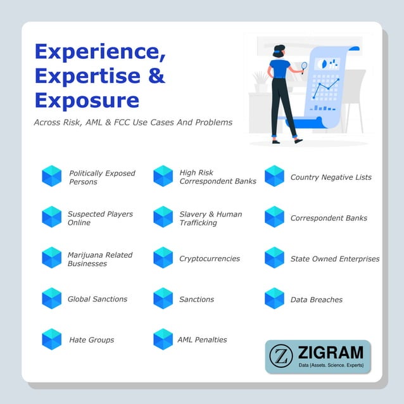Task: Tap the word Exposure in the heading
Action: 87,100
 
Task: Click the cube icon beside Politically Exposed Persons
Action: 52,176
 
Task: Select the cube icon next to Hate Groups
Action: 52,339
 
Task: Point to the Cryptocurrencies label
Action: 210,258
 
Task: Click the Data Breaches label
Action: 316,300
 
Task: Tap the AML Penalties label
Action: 202,339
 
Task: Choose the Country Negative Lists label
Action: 331,177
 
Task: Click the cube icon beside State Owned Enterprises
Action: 274,258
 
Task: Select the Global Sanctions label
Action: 98,299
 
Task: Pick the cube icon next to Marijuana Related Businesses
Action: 52,258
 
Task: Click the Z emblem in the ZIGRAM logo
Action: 280,357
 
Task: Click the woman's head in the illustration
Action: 279,51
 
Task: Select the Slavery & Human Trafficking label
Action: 210,218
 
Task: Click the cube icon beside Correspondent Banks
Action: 274,217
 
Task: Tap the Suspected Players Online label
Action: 100,218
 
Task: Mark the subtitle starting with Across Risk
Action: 133,122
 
